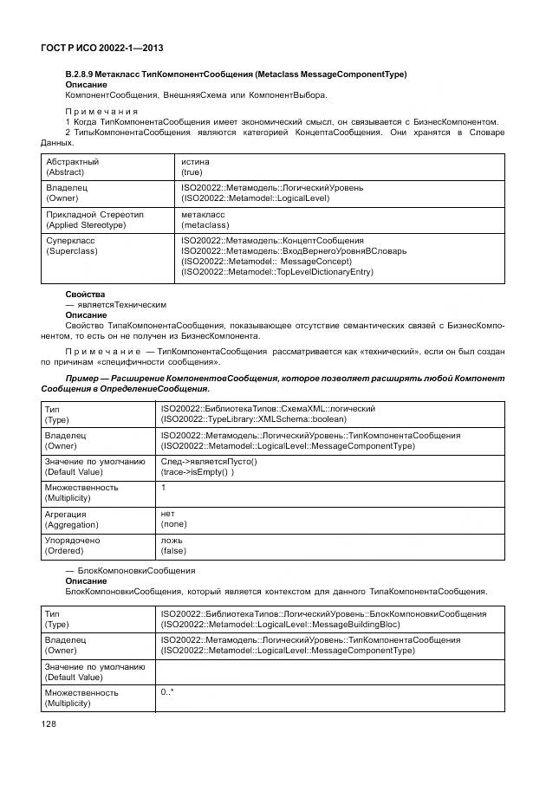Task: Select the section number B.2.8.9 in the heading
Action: pos(85,75)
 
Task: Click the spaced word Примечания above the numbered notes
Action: pos(102,112)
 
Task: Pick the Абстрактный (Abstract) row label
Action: pos(72,167)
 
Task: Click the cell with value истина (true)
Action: pos(195,167)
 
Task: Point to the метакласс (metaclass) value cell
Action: pos(205,219)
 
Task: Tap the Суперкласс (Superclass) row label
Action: pos(72,245)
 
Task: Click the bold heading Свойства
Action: pos(85,295)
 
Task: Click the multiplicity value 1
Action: pos(163,488)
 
